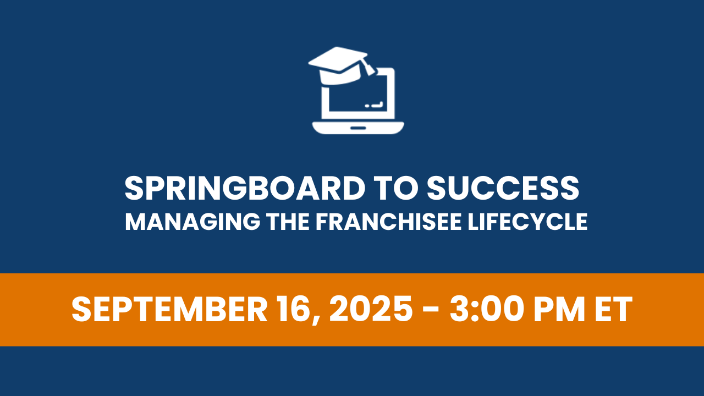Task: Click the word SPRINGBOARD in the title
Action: [x=245, y=188]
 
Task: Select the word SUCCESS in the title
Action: [x=503, y=188]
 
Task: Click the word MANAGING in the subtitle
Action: [x=193, y=222]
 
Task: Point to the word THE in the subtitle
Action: [x=288, y=222]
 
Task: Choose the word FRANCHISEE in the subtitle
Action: [x=388, y=222]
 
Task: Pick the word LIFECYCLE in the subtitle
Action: [x=527, y=222]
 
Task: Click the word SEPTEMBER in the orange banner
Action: [x=169, y=309]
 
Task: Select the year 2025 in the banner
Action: [x=371, y=309]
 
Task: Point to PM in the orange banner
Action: [x=559, y=309]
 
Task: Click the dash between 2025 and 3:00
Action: [x=431, y=311]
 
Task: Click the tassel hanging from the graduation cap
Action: [x=368, y=67]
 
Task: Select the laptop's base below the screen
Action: [x=358, y=128]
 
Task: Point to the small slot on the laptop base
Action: [x=358, y=128]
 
